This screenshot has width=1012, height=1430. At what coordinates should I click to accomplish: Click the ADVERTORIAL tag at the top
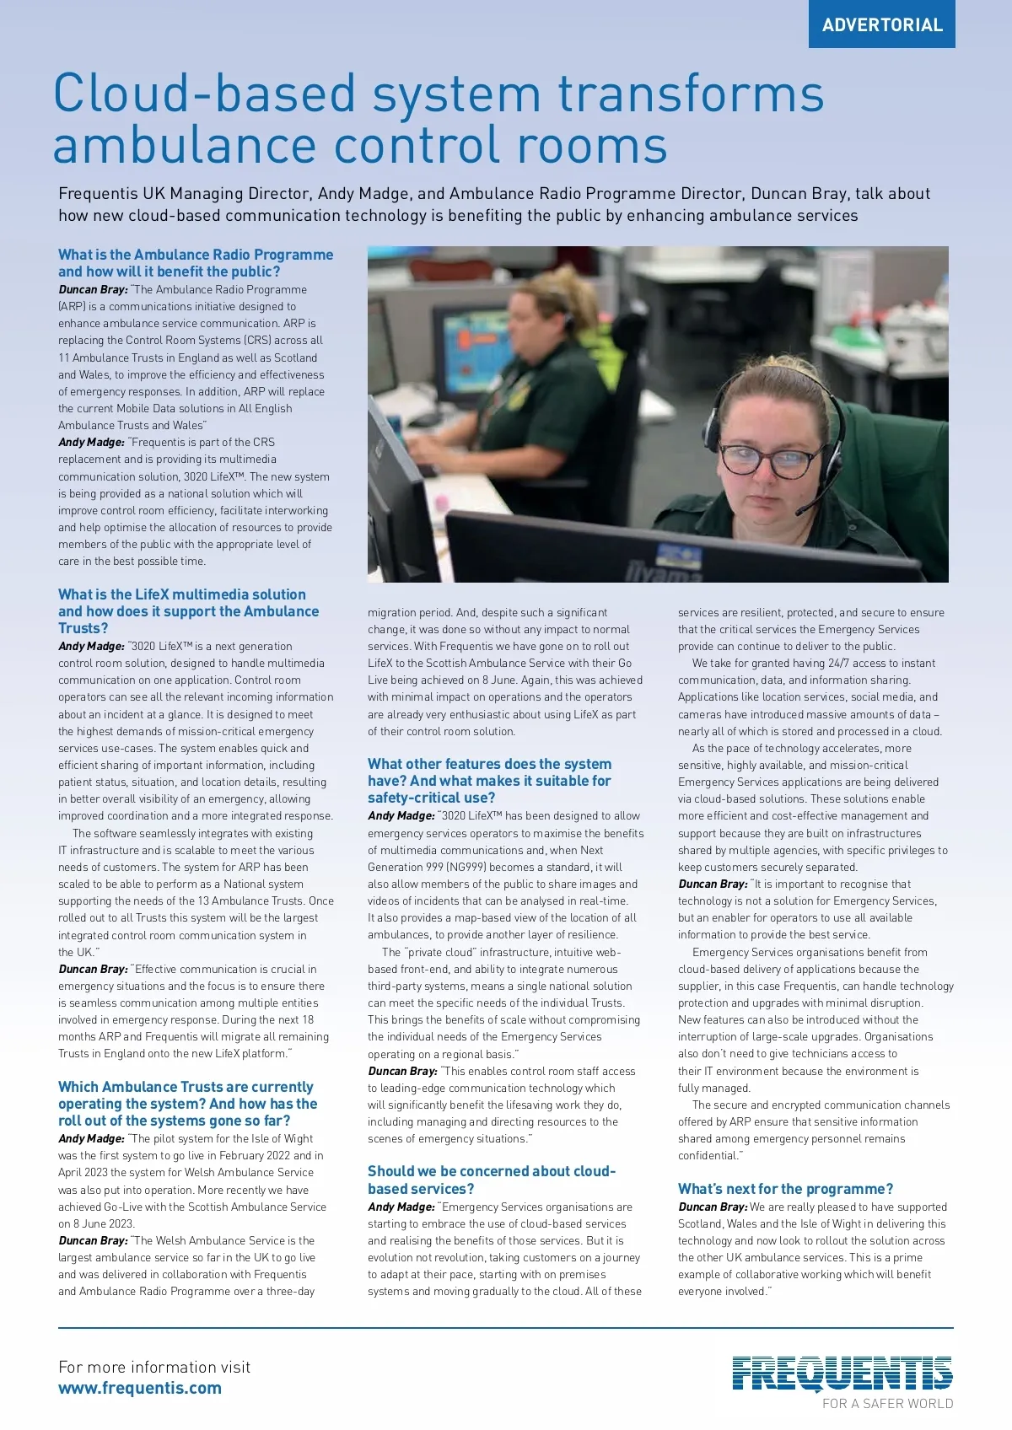point(882,24)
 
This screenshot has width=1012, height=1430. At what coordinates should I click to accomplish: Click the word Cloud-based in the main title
point(205,94)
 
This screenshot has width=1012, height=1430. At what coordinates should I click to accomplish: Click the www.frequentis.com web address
point(140,1388)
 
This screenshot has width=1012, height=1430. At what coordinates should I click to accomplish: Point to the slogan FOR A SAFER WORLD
point(887,1404)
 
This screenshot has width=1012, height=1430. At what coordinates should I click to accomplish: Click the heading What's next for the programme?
point(785,1189)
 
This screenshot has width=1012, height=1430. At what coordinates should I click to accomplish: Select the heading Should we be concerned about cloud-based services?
point(492,1180)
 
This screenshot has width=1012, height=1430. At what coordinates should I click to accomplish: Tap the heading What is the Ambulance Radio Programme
point(196,263)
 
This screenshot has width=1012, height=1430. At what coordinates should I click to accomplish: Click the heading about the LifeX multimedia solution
point(188,611)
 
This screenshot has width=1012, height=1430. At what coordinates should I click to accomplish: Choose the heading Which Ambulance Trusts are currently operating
point(187,1104)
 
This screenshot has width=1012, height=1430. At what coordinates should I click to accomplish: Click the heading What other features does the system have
point(489,781)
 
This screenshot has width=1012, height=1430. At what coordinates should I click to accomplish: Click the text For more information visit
point(154,1367)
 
